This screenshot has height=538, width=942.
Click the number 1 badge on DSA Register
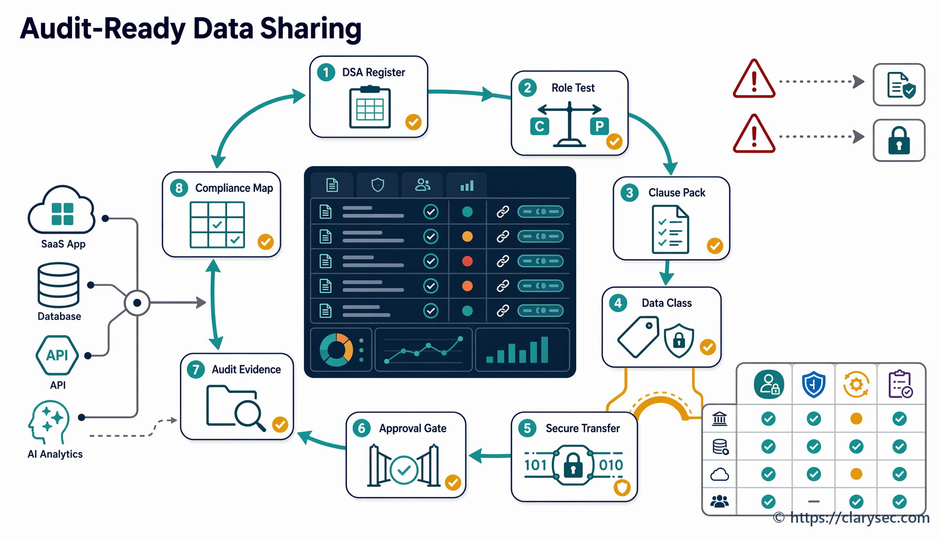point(326,72)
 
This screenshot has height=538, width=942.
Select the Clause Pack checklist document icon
point(670,229)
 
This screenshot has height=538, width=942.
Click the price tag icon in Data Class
point(638,336)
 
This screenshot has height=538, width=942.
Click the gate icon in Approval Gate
point(404,466)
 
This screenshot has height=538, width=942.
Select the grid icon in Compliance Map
point(217,225)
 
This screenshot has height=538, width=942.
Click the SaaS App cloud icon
point(62,210)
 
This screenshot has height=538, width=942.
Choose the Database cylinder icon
point(58,285)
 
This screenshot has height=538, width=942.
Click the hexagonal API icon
point(57,355)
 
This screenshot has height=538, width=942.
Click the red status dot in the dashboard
point(467,261)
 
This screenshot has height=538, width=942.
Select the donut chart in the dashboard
point(336,350)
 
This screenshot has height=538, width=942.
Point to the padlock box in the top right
point(899,140)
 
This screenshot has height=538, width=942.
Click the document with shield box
point(899,85)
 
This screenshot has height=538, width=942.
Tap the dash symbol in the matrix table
point(814,502)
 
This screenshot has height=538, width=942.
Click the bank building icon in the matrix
point(720,419)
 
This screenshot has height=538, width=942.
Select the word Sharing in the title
point(311,29)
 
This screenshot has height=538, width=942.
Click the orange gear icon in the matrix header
point(856,385)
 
